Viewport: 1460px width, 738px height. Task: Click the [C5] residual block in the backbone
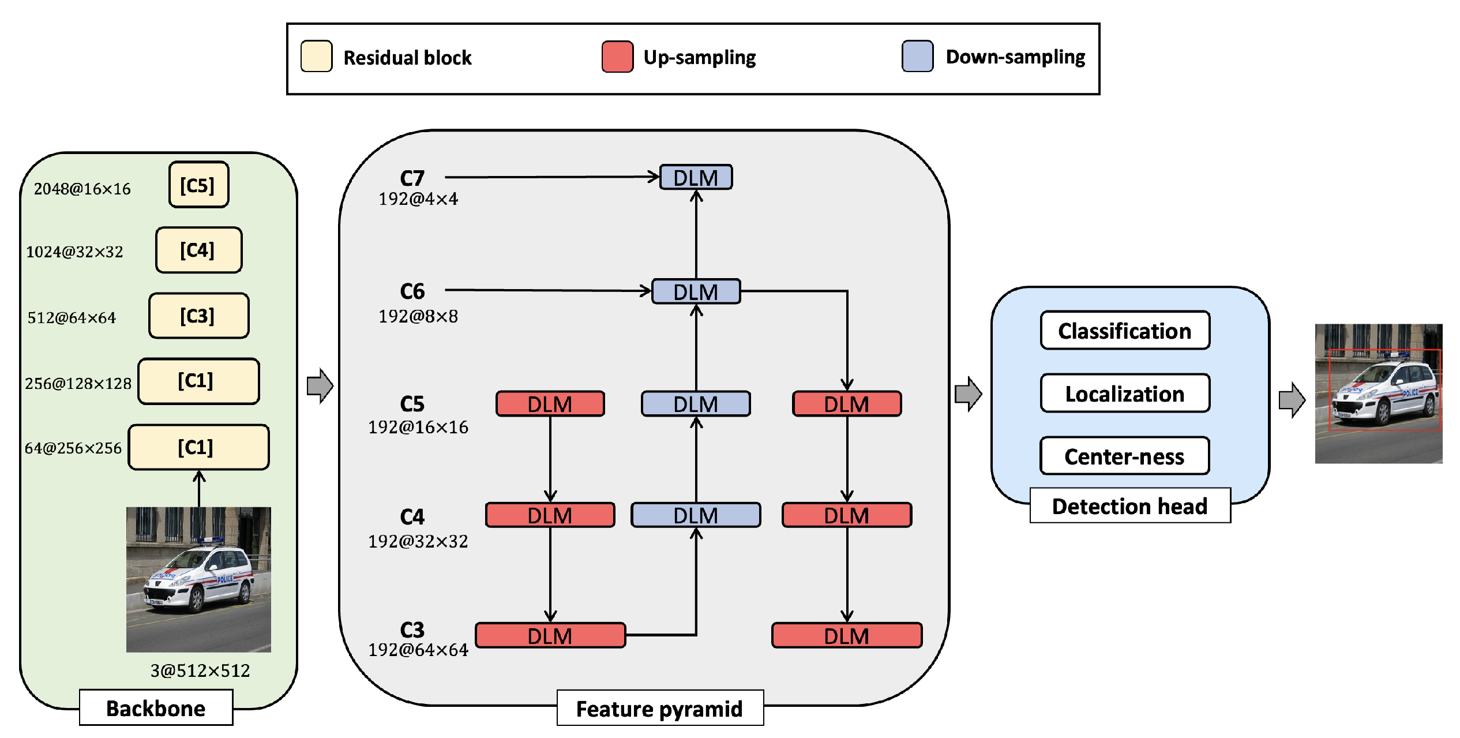198,185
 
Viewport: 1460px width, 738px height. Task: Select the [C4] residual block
198,250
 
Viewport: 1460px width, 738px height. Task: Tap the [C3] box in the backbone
198,316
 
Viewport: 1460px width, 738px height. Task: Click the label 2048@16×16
82,189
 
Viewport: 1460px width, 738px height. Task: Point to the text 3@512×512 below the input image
200,670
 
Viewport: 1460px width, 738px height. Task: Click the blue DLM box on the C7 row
696,177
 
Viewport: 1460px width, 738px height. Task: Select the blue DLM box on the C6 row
696,291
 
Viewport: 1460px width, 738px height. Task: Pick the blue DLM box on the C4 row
696,515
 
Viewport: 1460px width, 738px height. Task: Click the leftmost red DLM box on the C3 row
550,635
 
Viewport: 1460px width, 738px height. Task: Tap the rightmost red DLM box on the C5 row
846,403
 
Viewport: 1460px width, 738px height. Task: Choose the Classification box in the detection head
1124,331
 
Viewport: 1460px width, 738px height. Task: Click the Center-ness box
1124,456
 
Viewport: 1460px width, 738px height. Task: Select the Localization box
1124,394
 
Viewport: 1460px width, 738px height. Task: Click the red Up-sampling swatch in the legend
617,57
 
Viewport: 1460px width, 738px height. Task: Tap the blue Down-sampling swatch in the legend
917,56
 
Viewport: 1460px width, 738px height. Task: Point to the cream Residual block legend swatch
316,57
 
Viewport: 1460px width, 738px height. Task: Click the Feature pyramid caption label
659,709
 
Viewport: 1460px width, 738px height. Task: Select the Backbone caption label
156,708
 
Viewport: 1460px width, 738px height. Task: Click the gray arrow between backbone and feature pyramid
320,385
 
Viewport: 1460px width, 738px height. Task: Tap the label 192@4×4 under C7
418,199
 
